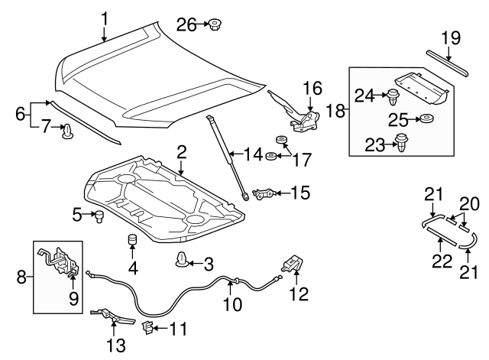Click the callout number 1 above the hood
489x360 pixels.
coord(105,17)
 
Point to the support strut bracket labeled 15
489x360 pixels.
coord(264,194)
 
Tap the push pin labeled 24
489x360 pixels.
coord(393,98)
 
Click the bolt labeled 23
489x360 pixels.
coord(401,141)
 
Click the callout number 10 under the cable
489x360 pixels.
coord(232,305)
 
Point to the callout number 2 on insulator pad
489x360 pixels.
coord(181,151)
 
